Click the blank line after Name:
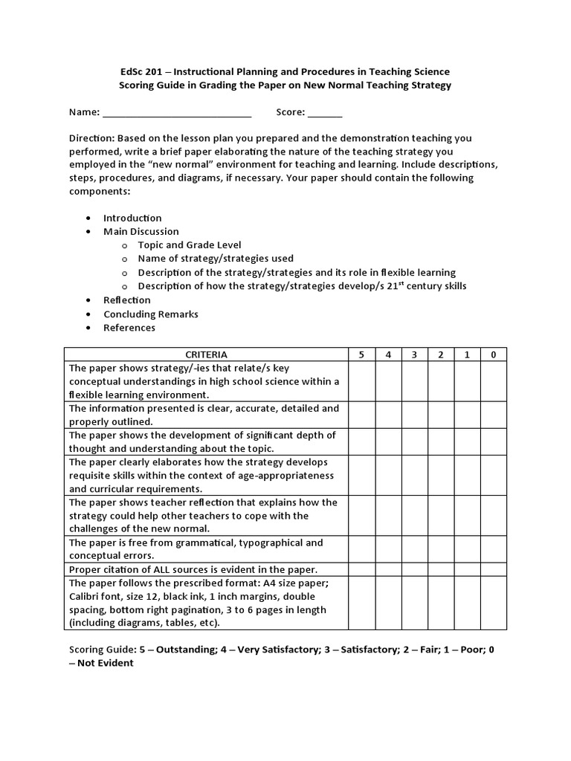pyautogui.click(x=177, y=113)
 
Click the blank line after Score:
pyautogui.click(x=325, y=113)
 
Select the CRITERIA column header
pyautogui.click(x=206, y=354)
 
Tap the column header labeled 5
pyautogui.click(x=361, y=354)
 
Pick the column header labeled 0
pyautogui.click(x=493, y=354)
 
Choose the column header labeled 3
pyautogui.click(x=414, y=354)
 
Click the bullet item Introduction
pyautogui.click(x=132, y=218)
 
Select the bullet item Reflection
pyautogui.click(x=127, y=300)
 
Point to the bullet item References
pyautogui.click(x=129, y=328)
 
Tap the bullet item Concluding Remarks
pyautogui.click(x=151, y=314)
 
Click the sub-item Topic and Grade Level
pyautogui.click(x=190, y=245)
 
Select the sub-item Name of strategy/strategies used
pyautogui.click(x=216, y=259)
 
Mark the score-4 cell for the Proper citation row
pyautogui.click(x=388, y=569)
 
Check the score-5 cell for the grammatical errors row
pyautogui.click(x=361, y=549)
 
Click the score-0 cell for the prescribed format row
pyautogui.click(x=493, y=603)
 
